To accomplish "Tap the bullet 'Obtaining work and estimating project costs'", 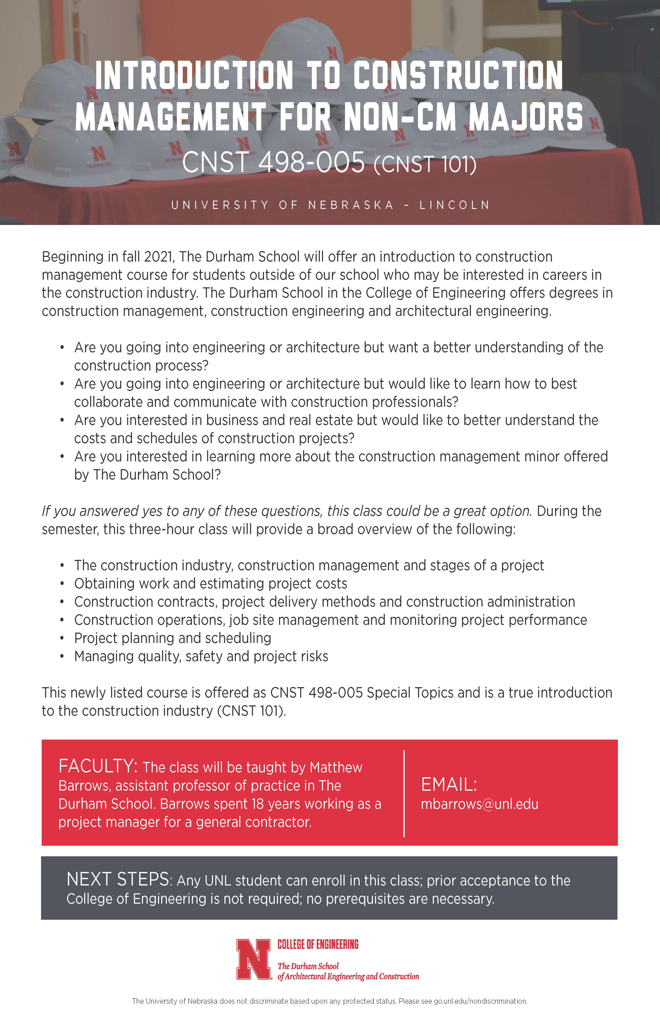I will [210, 583].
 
